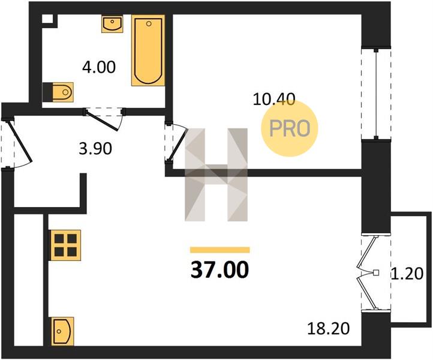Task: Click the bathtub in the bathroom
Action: [148, 50]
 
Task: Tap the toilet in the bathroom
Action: [58, 92]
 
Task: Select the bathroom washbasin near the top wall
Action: [112, 24]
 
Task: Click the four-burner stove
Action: [65, 245]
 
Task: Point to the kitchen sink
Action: [62, 332]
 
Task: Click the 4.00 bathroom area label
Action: [99, 67]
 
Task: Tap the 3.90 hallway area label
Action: [95, 149]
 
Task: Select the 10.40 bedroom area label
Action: [274, 99]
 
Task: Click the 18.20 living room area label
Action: [329, 329]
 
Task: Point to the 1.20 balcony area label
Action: [407, 274]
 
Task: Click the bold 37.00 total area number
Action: [220, 269]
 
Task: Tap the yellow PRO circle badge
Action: [290, 128]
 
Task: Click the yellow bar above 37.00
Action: [220, 250]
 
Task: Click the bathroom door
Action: [104, 119]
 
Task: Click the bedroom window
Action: [376, 94]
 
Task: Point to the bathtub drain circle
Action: [149, 24]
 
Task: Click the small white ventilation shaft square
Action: [47, 19]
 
